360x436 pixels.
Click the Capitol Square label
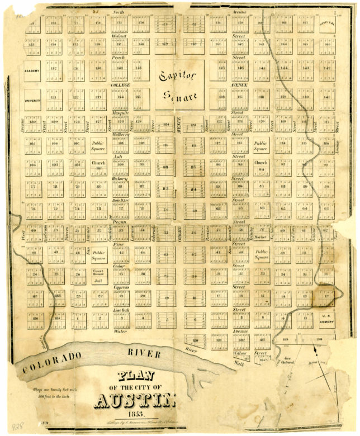tap(179, 83)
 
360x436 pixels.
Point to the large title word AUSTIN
tap(137, 401)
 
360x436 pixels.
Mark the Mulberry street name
tap(120, 135)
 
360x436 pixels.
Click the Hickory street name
tap(120, 179)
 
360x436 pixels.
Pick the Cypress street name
tap(121, 287)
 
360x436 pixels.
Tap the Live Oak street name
tap(121, 309)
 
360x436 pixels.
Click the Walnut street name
tap(119, 35)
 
